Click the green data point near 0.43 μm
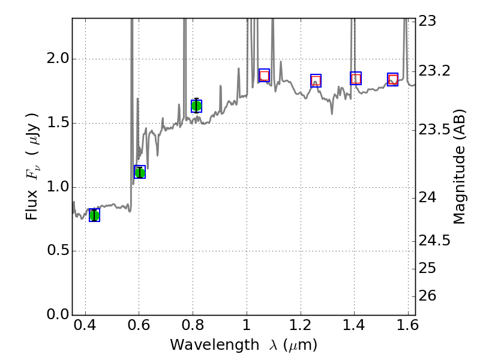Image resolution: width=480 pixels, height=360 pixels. pyautogui.click(x=94, y=215)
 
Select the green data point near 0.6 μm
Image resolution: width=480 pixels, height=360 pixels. pyautogui.click(x=140, y=172)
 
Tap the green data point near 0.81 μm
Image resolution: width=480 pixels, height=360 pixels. pyautogui.click(x=196, y=106)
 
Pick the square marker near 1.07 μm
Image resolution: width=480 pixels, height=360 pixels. pyautogui.click(x=264, y=76)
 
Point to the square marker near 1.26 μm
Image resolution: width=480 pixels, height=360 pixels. pyautogui.click(x=316, y=80)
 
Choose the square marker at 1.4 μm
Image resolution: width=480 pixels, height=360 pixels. pyautogui.click(x=356, y=78)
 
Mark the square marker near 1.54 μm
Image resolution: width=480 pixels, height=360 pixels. pyautogui.click(x=392, y=79)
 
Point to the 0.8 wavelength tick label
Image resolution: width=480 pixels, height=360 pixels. pyautogui.click(x=193, y=328)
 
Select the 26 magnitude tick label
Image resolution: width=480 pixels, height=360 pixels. pyautogui.click(x=427, y=296)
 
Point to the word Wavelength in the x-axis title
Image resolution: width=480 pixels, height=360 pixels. pyautogui.click(x=205, y=346)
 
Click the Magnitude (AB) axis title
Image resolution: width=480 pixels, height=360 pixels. pyautogui.click(x=460, y=166)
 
